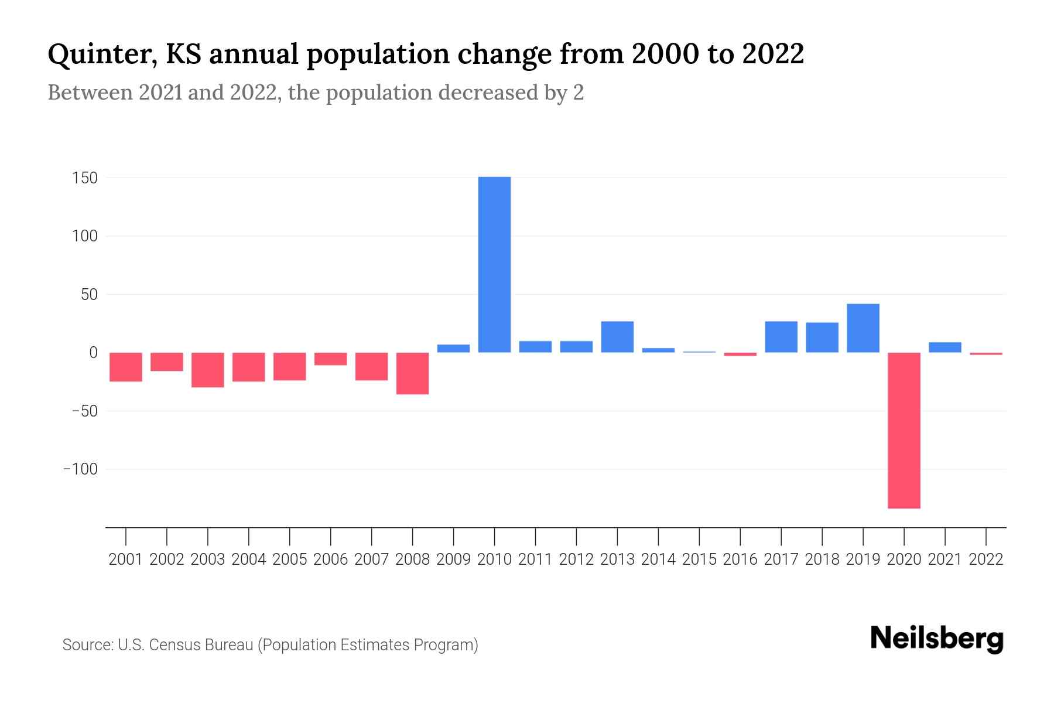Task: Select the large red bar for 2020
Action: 904,430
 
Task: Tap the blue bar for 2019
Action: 863,328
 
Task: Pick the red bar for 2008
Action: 412,373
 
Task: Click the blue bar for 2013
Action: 617,337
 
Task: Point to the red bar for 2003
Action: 208,370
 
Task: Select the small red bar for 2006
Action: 330,359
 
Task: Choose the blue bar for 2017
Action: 781,337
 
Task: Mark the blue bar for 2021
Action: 945,347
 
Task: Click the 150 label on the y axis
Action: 85,178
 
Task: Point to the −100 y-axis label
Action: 80,469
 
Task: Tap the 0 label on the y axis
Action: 93,353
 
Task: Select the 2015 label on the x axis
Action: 699,559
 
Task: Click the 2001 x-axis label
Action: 126,559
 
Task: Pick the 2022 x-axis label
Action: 985,559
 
